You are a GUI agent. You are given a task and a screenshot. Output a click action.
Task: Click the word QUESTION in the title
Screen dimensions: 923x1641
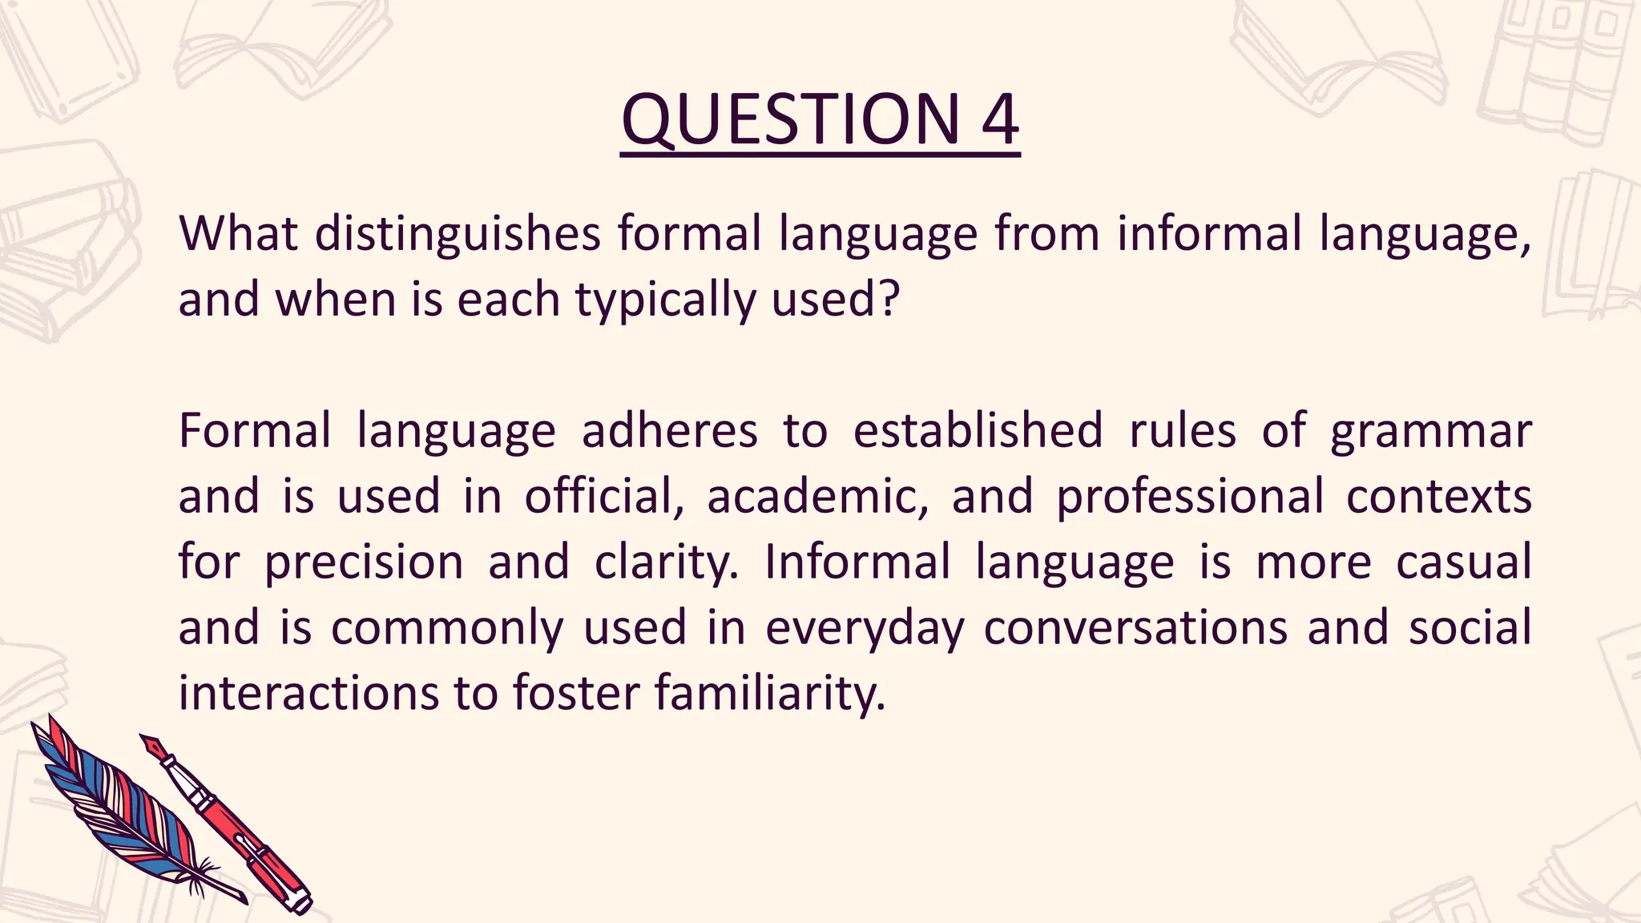[790, 120]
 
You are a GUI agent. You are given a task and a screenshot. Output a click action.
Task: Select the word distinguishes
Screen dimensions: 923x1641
[458, 234]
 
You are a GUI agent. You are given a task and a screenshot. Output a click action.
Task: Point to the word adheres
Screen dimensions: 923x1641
[669, 431]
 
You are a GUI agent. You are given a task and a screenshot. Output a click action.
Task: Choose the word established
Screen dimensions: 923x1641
[978, 431]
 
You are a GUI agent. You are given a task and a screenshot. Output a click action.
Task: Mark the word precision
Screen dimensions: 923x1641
[364, 562]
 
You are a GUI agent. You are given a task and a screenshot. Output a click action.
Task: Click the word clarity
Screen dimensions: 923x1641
[666, 562]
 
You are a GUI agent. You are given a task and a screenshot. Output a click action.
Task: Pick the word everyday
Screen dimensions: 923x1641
[865, 628]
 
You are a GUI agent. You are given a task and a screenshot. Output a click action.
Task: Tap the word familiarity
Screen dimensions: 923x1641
[770, 693]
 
